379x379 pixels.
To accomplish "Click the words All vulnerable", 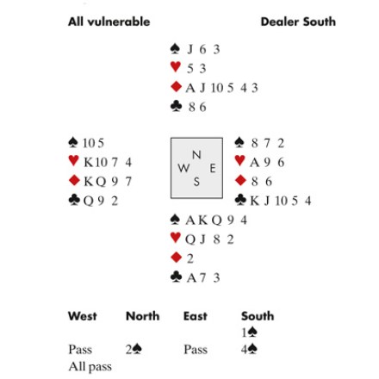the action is pos(109,22).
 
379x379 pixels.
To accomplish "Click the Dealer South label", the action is pos(298,22).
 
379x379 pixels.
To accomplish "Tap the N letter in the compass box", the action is pos(196,155).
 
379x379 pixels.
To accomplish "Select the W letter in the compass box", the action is pos(183,168).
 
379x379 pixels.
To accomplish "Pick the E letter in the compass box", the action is pos(213,168).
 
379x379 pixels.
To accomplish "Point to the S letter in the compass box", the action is pos(196,182).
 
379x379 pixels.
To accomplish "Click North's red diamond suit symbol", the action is pos(176,86).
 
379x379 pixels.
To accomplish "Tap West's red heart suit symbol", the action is pos(74,160).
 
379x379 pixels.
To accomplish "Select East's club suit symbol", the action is pos(240,200).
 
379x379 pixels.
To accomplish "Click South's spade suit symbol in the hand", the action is pos(175,220).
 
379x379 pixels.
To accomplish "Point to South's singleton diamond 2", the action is pos(190,258).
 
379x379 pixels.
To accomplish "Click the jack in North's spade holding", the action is pos(190,49).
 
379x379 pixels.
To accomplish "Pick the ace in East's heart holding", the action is pos(254,163).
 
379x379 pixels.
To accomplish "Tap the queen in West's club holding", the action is pos(89,201).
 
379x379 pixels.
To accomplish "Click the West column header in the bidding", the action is pos(83,316).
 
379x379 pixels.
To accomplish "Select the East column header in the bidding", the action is pos(196,316).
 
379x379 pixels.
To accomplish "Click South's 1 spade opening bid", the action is pos(249,332).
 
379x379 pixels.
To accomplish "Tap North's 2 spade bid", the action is pos(134,350).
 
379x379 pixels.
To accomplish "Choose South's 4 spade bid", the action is pos(249,350).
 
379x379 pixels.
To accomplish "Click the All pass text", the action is pos(90,367).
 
